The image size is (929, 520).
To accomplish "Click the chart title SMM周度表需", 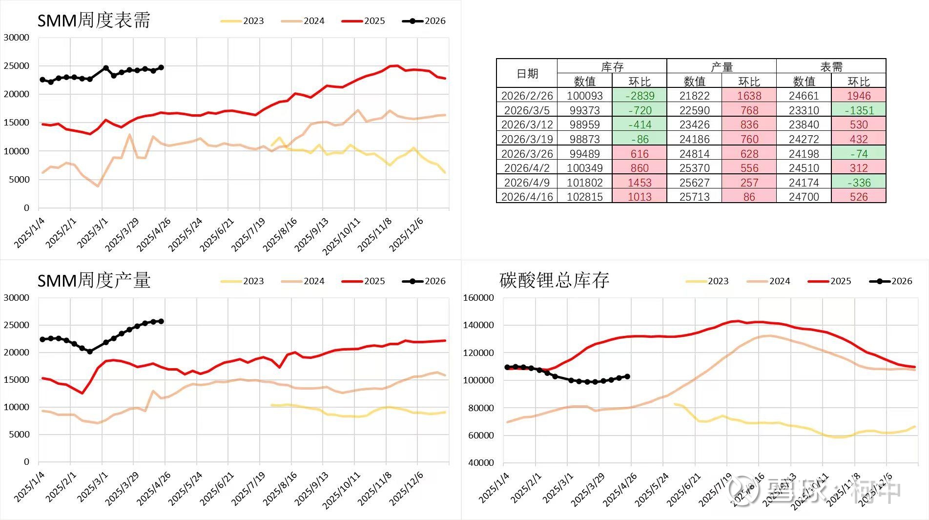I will (x=94, y=21).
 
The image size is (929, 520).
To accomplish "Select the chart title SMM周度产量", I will (x=94, y=281).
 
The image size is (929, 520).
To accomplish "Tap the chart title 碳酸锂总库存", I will (x=554, y=281).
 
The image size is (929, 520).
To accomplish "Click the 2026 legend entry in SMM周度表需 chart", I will (x=424, y=21).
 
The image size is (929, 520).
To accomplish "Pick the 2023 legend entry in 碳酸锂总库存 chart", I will (x=707, y=281).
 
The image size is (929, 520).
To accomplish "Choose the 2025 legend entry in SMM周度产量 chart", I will (x=363, y=281).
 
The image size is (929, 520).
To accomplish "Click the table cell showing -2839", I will (x=640, y=96).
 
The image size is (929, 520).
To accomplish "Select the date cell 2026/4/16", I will (x=527, y=197).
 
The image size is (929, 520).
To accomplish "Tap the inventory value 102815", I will (x=585, y=197).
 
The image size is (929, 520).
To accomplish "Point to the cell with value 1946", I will (x=859, y=96).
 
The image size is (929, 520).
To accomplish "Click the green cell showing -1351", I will (x=859, y=110).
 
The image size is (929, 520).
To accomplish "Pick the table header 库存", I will (x=612, y=66).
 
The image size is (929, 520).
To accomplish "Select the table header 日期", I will (x=527, y=74).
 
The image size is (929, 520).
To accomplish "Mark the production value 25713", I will (x=694, y=197).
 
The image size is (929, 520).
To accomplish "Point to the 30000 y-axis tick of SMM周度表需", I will (x=17, y=37).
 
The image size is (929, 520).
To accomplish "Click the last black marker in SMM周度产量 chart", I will (x=161, y=321).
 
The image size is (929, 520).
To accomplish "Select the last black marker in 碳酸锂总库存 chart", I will (x=627, y=376).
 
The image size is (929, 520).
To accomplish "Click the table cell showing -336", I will (x=859, y=183).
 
